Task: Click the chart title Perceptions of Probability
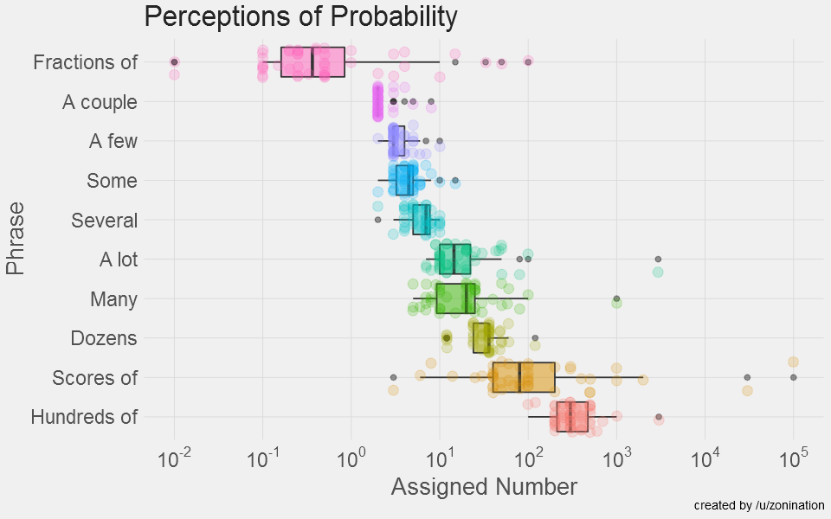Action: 300,17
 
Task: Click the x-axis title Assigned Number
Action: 484,487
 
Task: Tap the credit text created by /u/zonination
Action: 759,505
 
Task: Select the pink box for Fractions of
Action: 312,62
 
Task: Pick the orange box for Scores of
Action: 523,377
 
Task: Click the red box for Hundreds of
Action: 572,417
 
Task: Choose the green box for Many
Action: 455,298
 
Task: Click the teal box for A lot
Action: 454,259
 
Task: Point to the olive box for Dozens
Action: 482,337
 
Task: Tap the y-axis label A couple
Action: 100,102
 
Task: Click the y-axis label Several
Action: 104,221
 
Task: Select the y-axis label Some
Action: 112,181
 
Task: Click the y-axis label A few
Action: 113,141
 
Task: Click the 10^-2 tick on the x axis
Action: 174,458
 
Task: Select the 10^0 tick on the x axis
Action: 351,458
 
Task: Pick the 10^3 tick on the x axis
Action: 615,458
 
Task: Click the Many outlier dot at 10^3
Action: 616,299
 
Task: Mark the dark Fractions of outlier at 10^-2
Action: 174,61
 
